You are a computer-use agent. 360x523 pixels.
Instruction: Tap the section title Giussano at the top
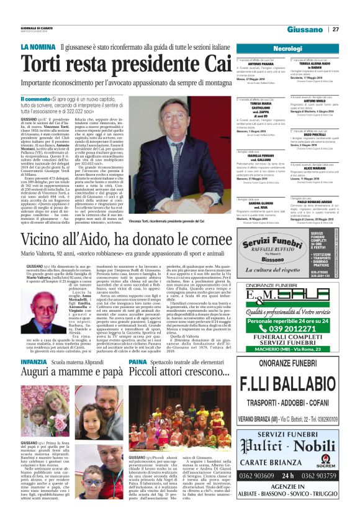305,29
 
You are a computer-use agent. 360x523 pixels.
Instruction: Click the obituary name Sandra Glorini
262,202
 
